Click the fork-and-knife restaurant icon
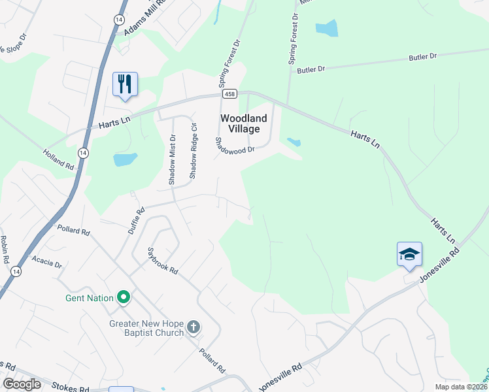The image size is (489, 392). click(125, 84)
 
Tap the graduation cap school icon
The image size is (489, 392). click(409, 253)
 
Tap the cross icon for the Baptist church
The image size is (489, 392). click(193, 327)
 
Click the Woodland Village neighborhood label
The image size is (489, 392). click(243, 123)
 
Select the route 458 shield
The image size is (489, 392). click(229, 95)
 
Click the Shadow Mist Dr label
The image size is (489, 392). click(173, 159)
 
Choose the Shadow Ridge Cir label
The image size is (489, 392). click(193, 150)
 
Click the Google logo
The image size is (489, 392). click(22, 384)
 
